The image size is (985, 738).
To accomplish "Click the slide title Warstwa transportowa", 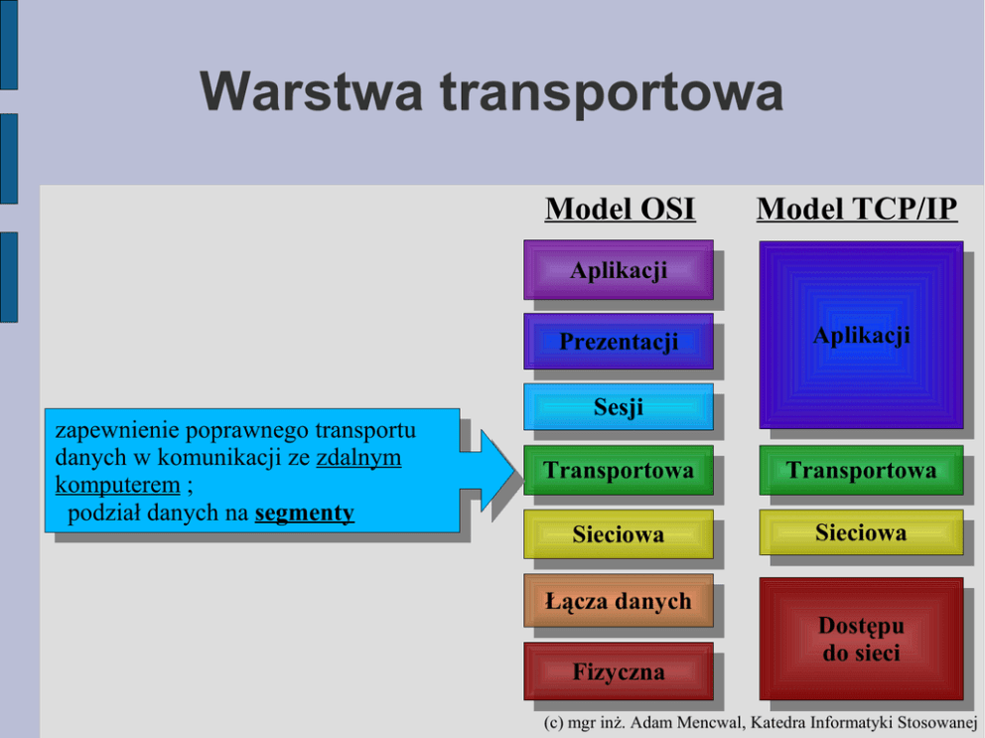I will click(492, 91).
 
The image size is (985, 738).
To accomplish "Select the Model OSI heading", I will click(620, 210).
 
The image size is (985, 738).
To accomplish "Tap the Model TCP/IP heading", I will click(856, 210).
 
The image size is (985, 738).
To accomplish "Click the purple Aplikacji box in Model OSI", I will click(618, 269).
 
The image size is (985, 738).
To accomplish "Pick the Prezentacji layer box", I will click(618, 342).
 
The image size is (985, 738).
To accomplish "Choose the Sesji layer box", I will click(618, 406).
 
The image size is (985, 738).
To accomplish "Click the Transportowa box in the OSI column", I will click(618, 470).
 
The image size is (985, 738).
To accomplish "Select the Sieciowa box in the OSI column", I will click(618, 534).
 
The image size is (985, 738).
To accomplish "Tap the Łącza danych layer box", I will click(618, 601).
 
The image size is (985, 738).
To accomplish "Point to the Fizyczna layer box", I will click(618, 671).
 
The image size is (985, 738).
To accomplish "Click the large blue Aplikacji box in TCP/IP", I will click(860, 336).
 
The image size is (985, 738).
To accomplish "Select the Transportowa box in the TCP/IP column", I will click(860, 470).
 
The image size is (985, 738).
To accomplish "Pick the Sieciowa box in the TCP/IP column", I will click(860, 532).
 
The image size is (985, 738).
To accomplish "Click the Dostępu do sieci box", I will click(860, 639).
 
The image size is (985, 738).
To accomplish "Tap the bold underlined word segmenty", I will click(304, 514).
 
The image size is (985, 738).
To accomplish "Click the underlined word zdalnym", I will click(358, 459).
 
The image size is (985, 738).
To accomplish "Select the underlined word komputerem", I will click(117, 486).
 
